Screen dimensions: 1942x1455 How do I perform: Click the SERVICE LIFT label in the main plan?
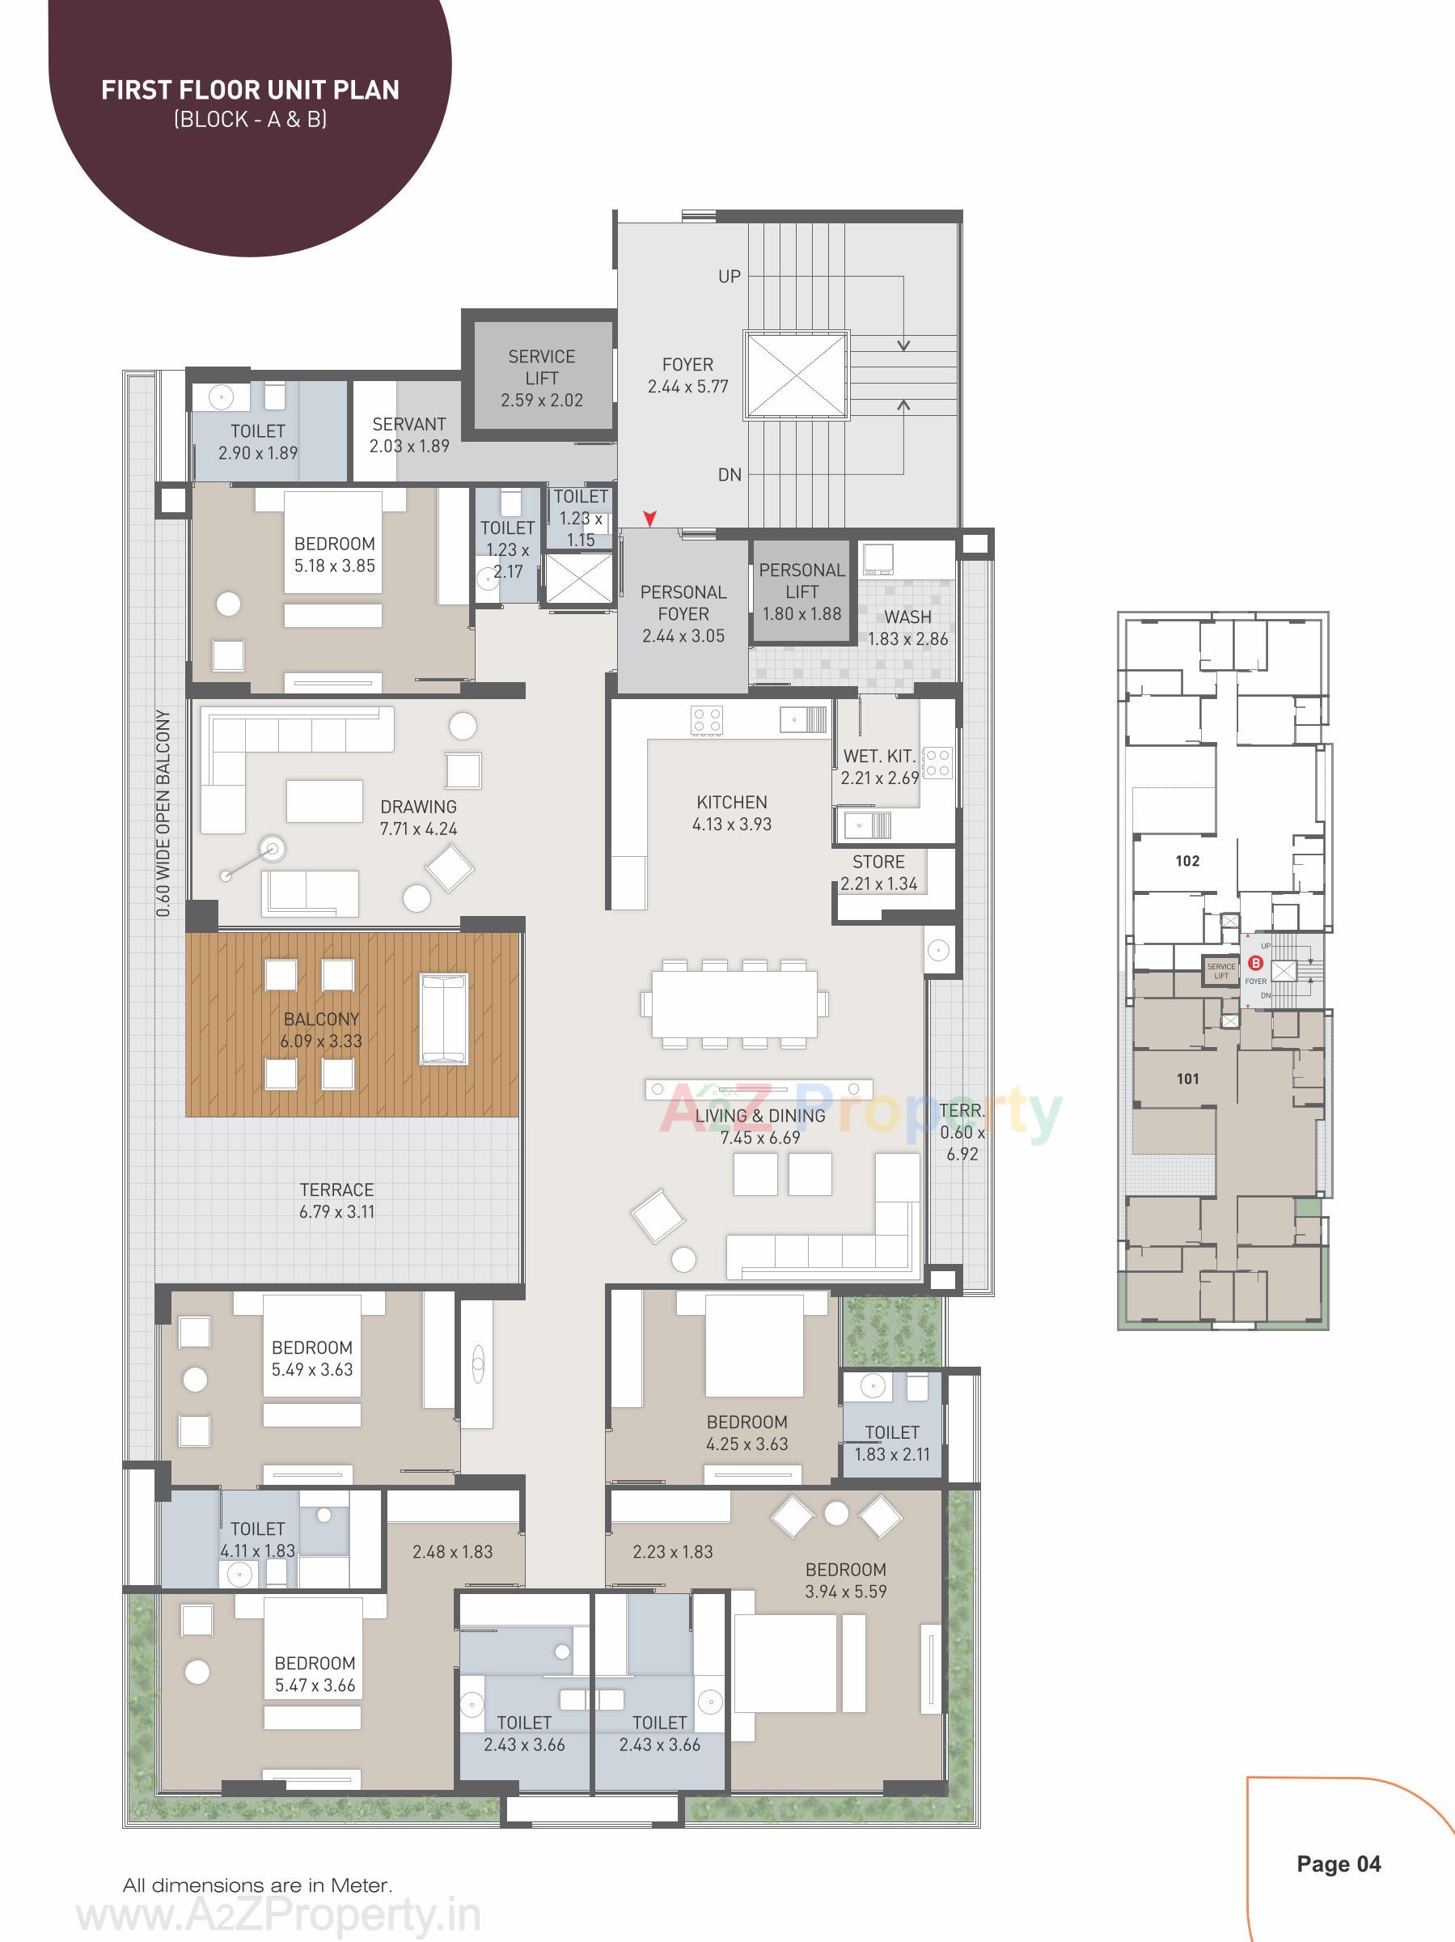[x=541, y=367]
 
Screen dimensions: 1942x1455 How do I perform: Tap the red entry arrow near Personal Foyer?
[x=649, y=519]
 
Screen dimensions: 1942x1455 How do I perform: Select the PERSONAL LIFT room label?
[x=802, y=580]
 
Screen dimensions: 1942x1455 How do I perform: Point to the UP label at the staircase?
[x=730, y=277]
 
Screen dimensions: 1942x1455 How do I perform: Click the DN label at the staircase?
[x=730, y=475]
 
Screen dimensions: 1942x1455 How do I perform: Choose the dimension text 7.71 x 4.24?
[x=419, y=829]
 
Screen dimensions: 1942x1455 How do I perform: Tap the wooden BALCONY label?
[x=321, y=1020]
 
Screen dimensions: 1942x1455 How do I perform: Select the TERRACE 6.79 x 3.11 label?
[x=337, y=1200]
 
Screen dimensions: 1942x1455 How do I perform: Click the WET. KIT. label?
[x=878, y=756]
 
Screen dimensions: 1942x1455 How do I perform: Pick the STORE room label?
[x=878, y=862]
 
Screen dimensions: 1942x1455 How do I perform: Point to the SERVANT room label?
[x=409, y=424]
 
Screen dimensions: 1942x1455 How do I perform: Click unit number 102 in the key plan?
[x=1186, y=861]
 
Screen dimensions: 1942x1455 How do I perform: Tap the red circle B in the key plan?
[x=1255, y=963]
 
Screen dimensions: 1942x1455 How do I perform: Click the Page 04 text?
[x=1339, y=1864]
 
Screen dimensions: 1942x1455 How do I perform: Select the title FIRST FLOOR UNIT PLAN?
[x=250, y=91]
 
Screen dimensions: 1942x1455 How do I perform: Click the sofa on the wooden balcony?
[x=444, y=1019]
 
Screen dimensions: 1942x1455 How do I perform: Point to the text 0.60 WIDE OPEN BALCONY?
[x=163, y=813]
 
